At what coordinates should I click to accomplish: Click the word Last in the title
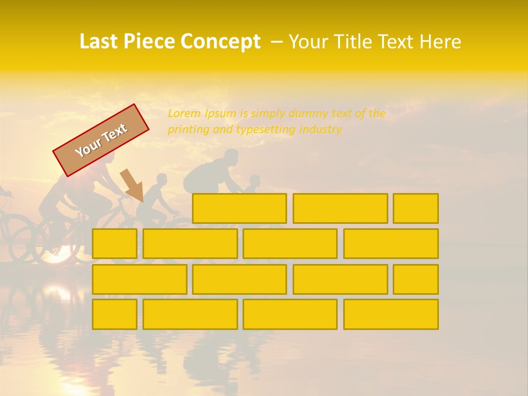[x=98, y=42]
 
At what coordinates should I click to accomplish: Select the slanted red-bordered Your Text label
[x=101, y=140]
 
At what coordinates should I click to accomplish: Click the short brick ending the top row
[x=416, y=208]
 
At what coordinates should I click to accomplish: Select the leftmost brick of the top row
[x=239, y=208]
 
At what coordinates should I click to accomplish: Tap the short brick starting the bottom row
[x=114, y=314]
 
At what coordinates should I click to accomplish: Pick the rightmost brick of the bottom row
[x=391, y=314]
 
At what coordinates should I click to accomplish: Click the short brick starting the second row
[x=114, y=244]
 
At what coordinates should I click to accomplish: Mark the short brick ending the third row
[x=416, y=279]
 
